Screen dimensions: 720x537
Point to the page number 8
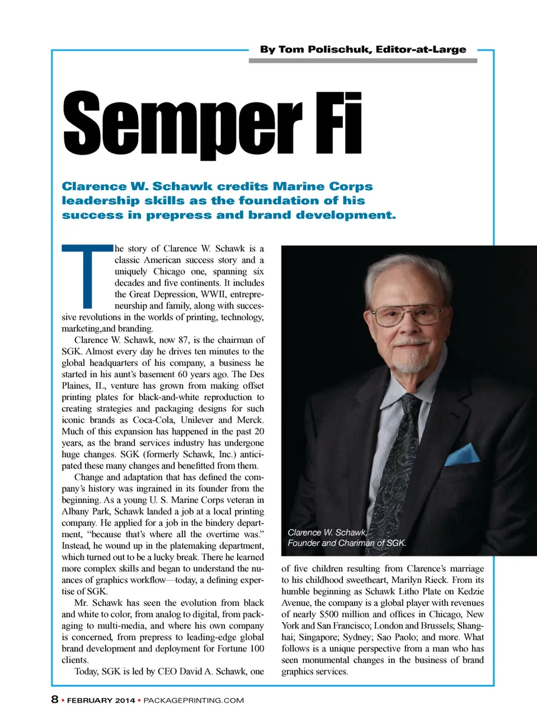point(55,699)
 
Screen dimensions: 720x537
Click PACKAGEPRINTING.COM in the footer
point(194,700)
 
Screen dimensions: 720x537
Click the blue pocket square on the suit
point(463,454)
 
